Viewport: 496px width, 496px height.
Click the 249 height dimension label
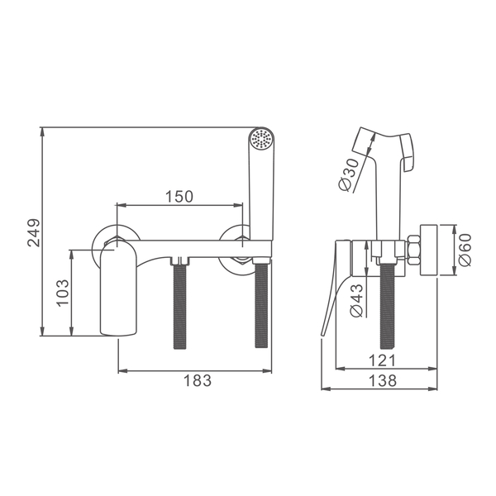(34, 232)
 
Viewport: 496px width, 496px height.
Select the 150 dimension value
(179, 197)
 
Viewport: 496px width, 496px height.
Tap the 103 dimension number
(63, 293)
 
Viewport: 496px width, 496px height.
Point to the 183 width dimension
(198, 380)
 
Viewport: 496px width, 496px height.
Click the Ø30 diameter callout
(349, 174)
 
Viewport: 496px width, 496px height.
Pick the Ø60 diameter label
(465, 250)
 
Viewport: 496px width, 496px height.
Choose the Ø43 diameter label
(356, 300)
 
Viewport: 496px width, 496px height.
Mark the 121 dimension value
(383, 360)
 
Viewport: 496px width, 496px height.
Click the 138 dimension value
(383, 380)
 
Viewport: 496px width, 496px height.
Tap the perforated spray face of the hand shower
(261, 139)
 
